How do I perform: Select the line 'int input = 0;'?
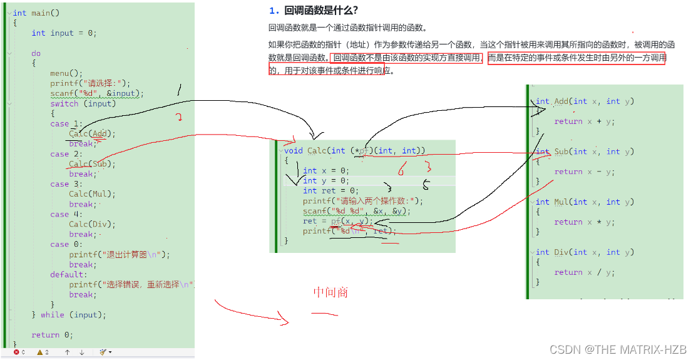[x=64, y=33]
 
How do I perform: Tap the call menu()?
[x=66, y=73]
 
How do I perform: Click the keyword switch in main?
[x=64, y=104]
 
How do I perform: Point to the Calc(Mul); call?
[x=93, y=194]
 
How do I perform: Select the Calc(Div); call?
[x=93, y=224]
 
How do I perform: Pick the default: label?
[x=69, y=275]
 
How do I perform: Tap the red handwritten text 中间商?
[x=330, y=293]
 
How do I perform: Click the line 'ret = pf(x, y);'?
[x=338, y=221]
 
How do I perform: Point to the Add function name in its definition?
[x=561, y=101]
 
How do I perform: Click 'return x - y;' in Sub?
[x=585, y=172]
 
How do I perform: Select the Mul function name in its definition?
[x=561, y=202]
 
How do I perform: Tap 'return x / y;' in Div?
[x=585, y=272]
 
